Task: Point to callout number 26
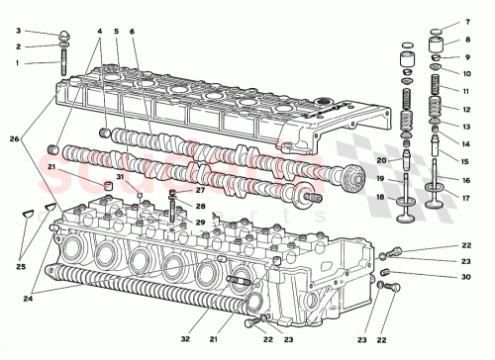[13, 137]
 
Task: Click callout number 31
[119, 178]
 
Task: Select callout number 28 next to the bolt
[201, 207]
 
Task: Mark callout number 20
[380, 160]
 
